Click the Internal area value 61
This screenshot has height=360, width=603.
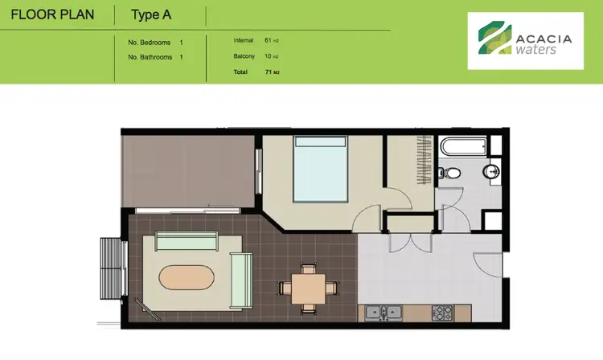(268, 39)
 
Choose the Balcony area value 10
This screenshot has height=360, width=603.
(268, 55)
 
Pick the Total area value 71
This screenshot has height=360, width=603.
(268, 72)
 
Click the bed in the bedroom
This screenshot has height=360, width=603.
(320, 169)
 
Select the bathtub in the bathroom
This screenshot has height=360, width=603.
(463, 147)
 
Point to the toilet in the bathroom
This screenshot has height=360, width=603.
(452, 172)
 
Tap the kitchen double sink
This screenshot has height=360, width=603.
(384, 312)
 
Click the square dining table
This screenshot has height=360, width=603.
(309, 287)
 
